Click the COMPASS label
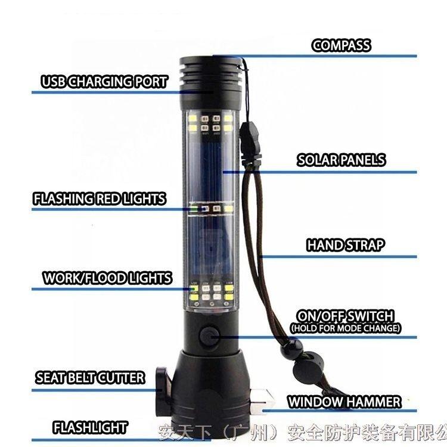pyautogui.click(x=342, y=46)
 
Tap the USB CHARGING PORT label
pyautogui.click(x=104, y=82)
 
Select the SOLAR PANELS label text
pyautogui.click(x=342, y=160)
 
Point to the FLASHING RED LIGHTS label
pyautogui.click(x=99, y=198)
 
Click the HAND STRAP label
pyautogui.click(x=345, y=245)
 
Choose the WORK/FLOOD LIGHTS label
pyautogui.click(x=107, y=278)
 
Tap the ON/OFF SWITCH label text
pyautogui.click(x=346, y=316)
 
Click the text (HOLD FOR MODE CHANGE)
pyautogui.click(x=346, y=328)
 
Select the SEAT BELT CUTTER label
pyautogui.click(x=90, y=378)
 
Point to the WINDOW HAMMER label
pyautogui.click(x=344, y=402)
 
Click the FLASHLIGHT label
pyautogui.click(x=90, y=427)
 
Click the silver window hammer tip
pyautogui.click(x=262, y=400)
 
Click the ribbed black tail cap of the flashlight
pyautogui.click(x=211, y=80)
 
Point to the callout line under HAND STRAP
pyautogui.click(x=338, y=257)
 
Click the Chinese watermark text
pyautogui.click(x=303, y=433)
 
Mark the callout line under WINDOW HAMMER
pyautogui.click(x=340, y=411)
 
